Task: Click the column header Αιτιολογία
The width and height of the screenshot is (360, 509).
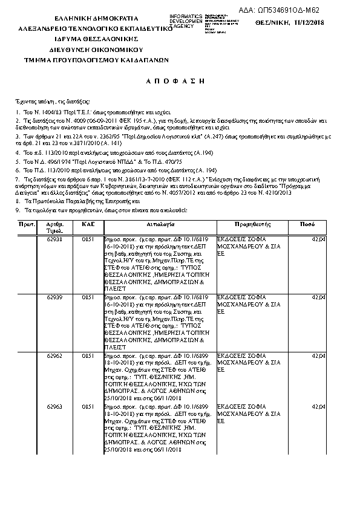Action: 160,224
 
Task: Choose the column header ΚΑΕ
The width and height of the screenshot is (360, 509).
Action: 88,224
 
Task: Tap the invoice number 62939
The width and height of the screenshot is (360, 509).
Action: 54,299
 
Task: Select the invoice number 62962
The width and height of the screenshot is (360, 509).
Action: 54,357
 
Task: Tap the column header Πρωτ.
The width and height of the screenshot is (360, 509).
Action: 25,224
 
